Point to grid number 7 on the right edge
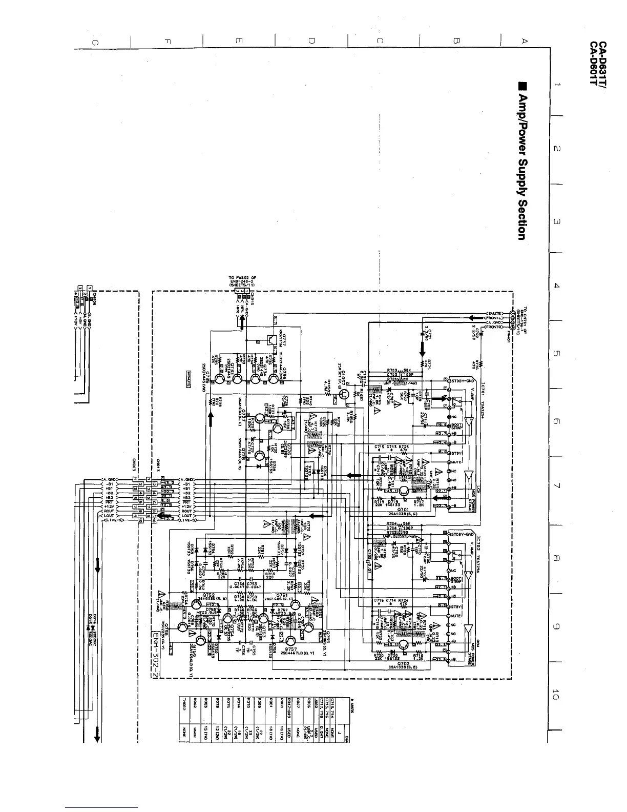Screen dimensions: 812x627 point(556,485)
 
